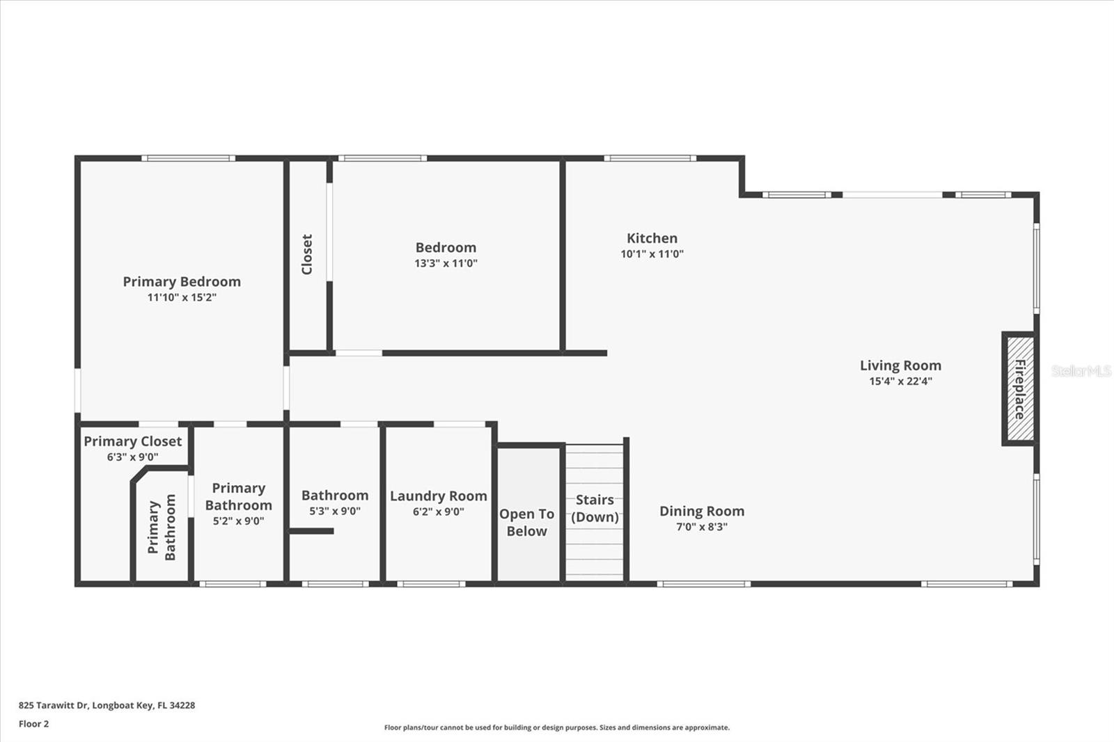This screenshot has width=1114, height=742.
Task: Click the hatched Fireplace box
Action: tap(1019, 388)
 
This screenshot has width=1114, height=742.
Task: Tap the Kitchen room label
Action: tap(652, 238)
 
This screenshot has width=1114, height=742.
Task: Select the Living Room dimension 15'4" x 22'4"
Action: tap(900, 381)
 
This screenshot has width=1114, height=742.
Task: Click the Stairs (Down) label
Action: tap(595, 508)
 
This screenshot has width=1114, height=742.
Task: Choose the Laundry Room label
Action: tap(438, 496)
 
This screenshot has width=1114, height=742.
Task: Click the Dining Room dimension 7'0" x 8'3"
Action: tap(702, 527)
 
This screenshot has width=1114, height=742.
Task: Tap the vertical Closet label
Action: tap(306, 254)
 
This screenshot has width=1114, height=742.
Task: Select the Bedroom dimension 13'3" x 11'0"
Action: tap(446, 263)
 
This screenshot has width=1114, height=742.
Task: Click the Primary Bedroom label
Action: tap(182, 281)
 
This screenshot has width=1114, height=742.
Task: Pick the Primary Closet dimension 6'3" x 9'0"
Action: tap(132, 457)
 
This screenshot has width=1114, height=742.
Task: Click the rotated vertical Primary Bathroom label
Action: tap(162, 527)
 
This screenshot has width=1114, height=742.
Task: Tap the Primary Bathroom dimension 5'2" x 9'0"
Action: tap(238, 521)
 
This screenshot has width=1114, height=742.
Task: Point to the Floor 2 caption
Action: tap(33, 724)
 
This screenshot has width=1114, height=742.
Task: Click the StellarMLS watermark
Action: tap(1081, 371)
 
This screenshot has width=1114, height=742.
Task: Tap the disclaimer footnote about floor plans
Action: tap(556, 727)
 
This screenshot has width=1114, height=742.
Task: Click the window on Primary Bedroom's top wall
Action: tap(188, 158)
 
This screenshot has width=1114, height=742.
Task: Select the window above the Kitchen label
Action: tap(650, 158)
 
